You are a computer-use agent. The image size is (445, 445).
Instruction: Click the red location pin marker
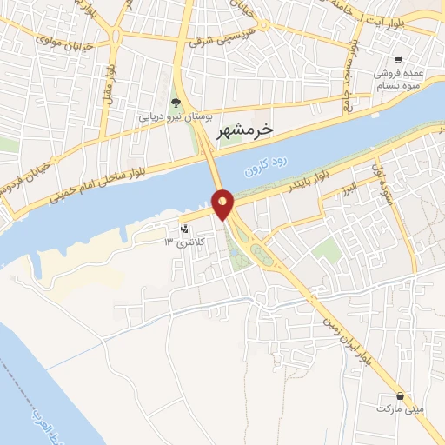point(223,204)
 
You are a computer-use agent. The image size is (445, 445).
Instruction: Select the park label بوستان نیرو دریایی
point(176,116)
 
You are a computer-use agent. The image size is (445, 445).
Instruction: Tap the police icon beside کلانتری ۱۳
point(183,229)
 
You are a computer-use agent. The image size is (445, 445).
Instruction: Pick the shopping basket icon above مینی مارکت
point(400,395)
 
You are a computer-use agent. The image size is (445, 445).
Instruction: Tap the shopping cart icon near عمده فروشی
point(397,60)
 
